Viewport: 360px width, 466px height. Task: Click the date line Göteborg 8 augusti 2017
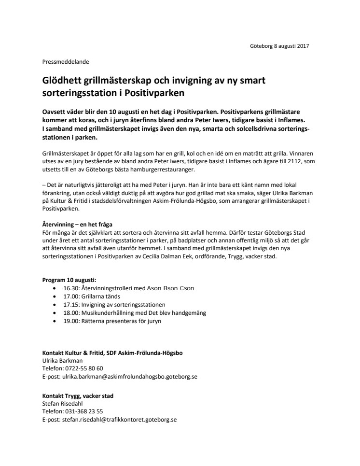(279, 46)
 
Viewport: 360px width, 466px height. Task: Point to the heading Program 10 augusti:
(69, 280)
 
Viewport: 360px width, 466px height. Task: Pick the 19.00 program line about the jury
(112, 321)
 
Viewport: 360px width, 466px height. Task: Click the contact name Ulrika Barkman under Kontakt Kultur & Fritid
(62, 360)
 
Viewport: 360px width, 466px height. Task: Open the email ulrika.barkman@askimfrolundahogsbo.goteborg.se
(130, 376)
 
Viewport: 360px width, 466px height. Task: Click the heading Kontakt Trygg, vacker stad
(78, 396)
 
